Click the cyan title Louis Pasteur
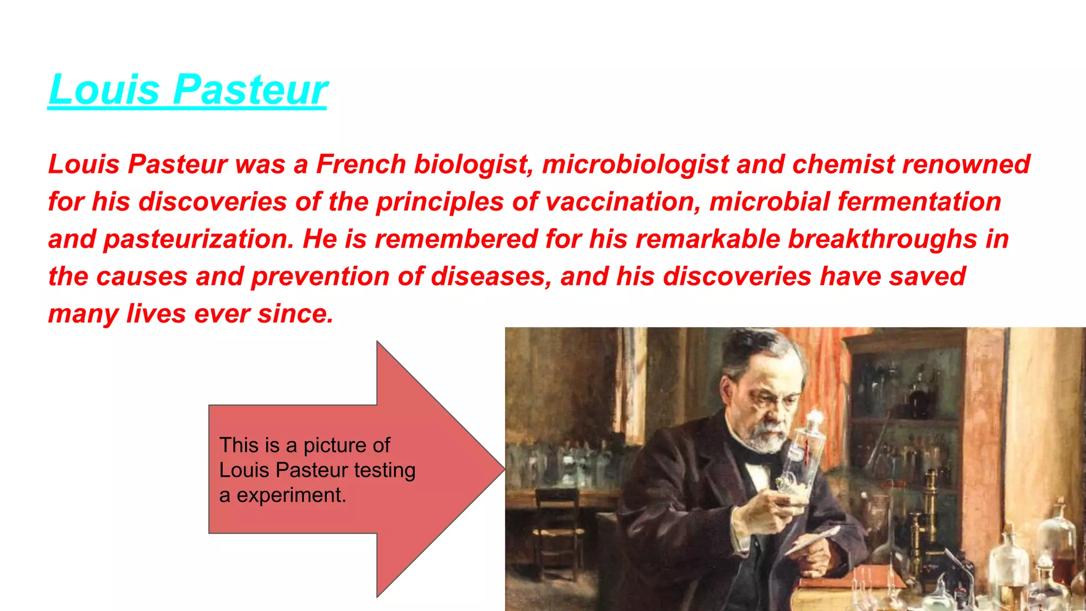pyautogui.click(x=188, y=90)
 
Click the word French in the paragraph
pyautogui.click(x=361, y=164)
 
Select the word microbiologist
pyautogui.click(x=635, y=164)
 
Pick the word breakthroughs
pyautogui.click(x=882, y=239)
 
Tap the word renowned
pyautogui.click(x=966, y=164)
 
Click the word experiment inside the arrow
pyautogui.click(x=291, y=495)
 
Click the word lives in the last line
pyautogui.click(x=156, y=314)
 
